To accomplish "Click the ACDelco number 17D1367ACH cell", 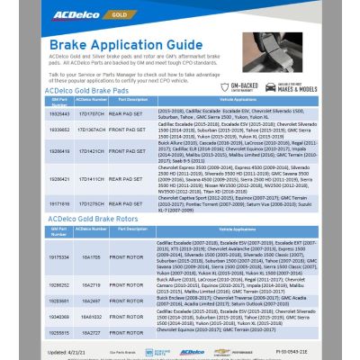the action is click(92, 129).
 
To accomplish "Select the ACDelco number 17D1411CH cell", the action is click(92, 179).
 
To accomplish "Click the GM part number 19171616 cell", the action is click(59, 204).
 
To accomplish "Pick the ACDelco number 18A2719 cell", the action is click(91, 283).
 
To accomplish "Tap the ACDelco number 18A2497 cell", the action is click(91, 299).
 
